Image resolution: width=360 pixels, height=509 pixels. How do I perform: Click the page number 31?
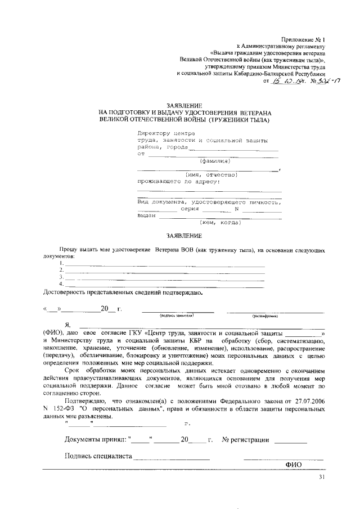click(x=322, y=478)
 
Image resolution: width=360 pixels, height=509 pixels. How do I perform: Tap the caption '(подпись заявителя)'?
click(x=177, y=316)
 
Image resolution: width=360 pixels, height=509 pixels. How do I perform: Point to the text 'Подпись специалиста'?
click(x=98, y=457)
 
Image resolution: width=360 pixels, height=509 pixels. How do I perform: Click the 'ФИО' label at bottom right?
click(x=294, y=465)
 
